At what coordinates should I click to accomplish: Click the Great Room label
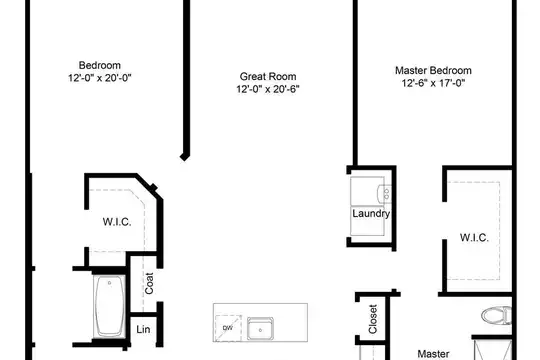pos(268,76)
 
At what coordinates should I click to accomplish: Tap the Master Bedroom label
pos(433,71)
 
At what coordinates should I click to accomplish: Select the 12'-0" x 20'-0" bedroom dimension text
pos(100,78)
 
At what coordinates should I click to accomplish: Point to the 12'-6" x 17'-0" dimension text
pos(433,83)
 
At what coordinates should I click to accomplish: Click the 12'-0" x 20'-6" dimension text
pos(268,89)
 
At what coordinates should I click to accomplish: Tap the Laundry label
pos(371,214)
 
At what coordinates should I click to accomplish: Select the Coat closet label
pos(149,284)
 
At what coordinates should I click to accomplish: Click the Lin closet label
pos(143,329)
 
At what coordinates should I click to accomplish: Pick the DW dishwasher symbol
pos(228,328)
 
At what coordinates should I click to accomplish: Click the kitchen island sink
pos(260,329)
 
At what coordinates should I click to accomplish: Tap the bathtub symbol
pos(110,306)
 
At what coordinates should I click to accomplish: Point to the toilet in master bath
pos(496,315)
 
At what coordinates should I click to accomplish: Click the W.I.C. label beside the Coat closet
pos(117,222)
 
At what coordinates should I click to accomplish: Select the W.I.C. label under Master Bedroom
pos(474,238)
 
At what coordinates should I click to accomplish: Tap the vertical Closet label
pos(373,319)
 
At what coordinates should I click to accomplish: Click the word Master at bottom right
pos(433,354)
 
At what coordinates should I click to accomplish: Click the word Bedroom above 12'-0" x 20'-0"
pos(100,65)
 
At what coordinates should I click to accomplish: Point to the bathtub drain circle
pos(110,283)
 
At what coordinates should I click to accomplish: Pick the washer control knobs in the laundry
pos(386,194)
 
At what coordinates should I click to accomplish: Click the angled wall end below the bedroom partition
pos(185,157)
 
